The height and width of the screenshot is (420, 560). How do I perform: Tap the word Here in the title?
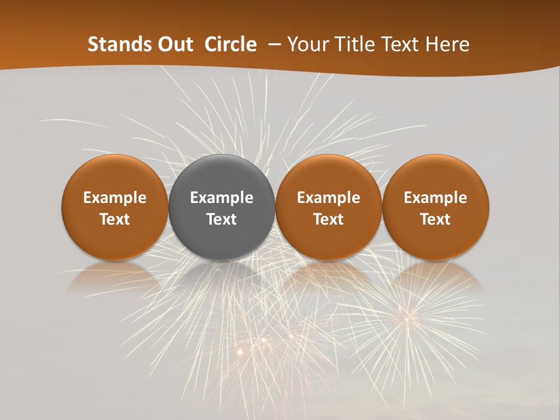point(446,44)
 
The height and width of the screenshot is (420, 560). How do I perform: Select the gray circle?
point(222,207)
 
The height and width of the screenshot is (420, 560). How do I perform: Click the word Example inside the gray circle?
point(222,198)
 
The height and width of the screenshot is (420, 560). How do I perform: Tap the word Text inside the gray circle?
point(222,219)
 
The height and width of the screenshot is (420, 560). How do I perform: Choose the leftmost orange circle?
point(114,207)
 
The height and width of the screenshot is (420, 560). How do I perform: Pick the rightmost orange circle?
point(436,207)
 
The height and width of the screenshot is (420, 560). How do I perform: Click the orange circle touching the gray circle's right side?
point(328,207)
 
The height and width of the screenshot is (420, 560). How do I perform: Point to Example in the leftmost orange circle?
point(114,198)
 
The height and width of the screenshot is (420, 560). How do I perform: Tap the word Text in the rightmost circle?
point(436,219)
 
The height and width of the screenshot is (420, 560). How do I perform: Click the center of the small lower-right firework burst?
point(407,318)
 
